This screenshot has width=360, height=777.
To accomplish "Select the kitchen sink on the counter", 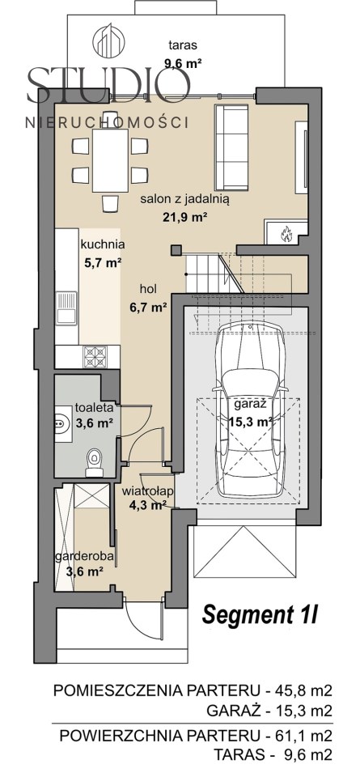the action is coord(66,308).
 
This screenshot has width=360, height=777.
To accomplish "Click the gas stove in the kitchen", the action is coord(95,356).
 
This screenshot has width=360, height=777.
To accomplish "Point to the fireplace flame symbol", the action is coord(286,233).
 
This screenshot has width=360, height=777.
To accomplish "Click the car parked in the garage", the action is coord(251,409).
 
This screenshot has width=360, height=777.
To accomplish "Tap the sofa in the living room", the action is coord(231,146).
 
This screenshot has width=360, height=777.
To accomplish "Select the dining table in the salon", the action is coord(110,160).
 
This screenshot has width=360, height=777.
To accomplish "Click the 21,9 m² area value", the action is coord(184,217).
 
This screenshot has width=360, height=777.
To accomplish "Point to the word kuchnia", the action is coord(103,244).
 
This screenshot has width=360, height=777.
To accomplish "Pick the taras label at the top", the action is coord(183,45).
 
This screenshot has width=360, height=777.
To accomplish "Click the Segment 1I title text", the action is coord(259,614).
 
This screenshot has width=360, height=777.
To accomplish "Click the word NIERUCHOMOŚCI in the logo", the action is coord(107,122).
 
